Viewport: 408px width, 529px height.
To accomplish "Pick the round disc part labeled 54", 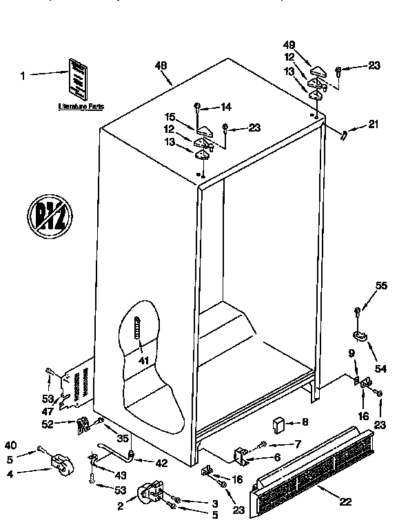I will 360,336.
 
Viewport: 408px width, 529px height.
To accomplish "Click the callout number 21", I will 374,125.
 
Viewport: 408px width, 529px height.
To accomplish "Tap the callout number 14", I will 225,107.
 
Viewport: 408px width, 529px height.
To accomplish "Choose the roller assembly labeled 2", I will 150,495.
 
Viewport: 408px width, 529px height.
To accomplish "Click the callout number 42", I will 161,464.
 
